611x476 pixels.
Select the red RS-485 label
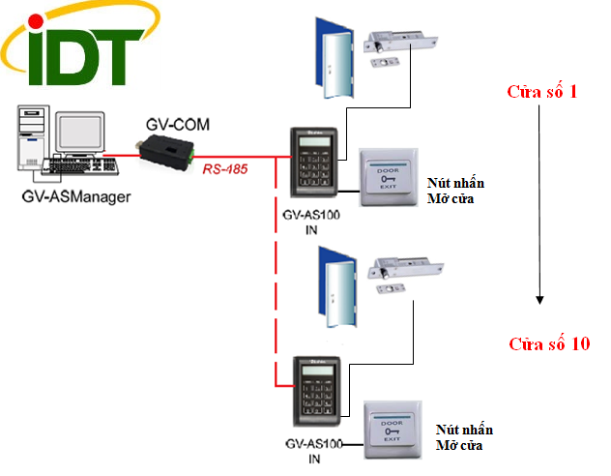pos(225,169)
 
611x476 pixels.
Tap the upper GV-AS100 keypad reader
pos(314,166)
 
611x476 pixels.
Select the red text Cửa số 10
pos(548,343)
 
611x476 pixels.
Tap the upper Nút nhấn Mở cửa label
pos(453,191)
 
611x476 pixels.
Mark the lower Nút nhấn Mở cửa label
pos(459,437)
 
